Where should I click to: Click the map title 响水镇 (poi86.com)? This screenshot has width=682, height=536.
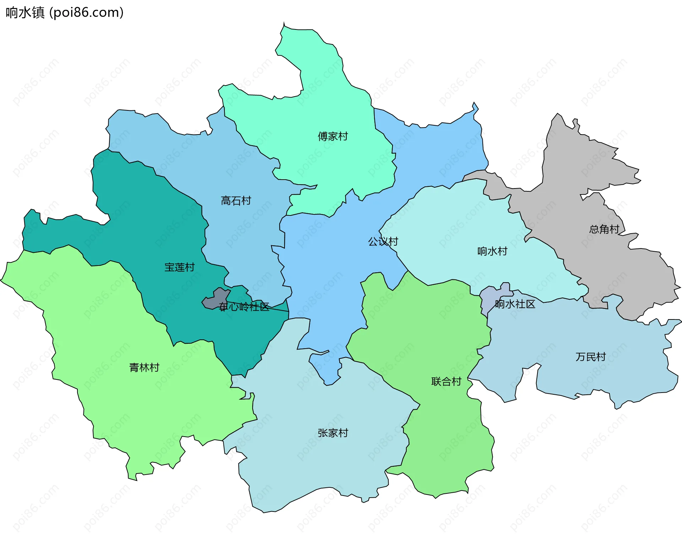(65, 12)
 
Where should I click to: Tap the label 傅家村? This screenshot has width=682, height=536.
(332, 136)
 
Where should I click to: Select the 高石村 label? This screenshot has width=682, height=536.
(236, 201)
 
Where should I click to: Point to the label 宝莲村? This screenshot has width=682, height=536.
(179, 267)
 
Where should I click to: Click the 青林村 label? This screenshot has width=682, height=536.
(144, 367)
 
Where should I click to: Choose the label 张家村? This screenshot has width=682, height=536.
(333, 433)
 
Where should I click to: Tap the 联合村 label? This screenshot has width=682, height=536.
(446, 382)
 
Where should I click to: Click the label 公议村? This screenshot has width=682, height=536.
(383, 242)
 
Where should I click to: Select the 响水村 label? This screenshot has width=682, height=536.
(492, 251)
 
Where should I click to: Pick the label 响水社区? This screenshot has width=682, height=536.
(515, 304)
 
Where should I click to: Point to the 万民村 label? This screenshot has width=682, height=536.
(590, 357)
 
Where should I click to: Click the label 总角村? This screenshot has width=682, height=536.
(604, 229)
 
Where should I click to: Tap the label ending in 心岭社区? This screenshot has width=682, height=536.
(244, 307)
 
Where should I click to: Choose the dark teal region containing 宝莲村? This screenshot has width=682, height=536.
(149, 213)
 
